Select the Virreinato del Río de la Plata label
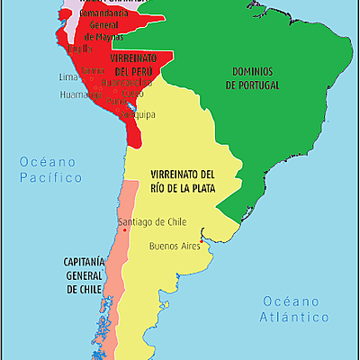(183, 180)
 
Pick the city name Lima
(69, 77)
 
